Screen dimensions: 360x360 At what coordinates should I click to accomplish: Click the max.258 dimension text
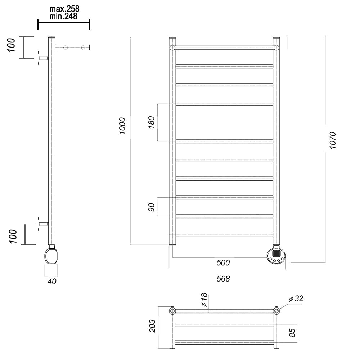64,9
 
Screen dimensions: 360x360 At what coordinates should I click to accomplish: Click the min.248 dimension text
64,16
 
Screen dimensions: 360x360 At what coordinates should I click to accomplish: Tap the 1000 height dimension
122,126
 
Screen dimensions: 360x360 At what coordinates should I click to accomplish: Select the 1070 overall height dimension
332,140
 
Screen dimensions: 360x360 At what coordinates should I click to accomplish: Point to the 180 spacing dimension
152,122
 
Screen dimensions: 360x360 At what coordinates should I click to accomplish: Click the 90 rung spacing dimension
152,207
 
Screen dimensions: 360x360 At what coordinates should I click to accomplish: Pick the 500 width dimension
223,262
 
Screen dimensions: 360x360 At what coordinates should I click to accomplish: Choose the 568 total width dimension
223,279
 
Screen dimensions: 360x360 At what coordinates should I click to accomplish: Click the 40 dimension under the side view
52,281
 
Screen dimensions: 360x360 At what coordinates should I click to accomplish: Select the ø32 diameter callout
296,298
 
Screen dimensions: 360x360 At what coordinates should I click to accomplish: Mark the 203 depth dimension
152,326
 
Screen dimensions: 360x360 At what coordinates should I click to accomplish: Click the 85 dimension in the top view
292,333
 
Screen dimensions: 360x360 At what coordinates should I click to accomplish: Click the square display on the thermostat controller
276,253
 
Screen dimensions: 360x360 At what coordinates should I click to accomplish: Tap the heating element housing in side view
51,255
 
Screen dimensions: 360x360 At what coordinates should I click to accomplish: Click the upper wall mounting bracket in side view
43,58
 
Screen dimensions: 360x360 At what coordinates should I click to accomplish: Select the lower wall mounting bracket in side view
43,224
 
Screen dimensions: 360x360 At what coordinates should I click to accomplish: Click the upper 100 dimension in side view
11,45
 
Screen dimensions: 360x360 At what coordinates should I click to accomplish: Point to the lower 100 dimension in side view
13,236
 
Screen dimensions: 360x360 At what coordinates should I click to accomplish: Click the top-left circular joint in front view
172,48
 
